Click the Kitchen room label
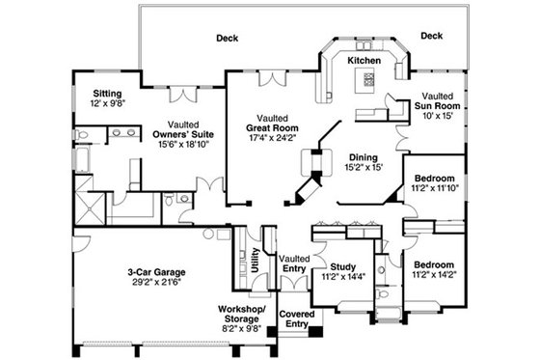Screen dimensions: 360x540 [364, 60]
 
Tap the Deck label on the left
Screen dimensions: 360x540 [227, 39]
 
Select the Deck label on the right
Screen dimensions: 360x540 [431, 36]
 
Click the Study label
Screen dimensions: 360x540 [342, 267]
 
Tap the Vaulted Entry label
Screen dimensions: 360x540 [292, 263]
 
